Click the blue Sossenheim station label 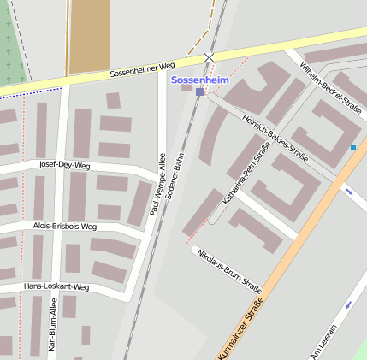(x=200, y=80)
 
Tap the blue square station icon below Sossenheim (x=199, y=91)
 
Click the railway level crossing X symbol (x=210, y=57)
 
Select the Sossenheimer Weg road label (x=143, y=69)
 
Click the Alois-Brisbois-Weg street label (x=65, y=227)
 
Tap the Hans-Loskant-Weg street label (x=56, y=286)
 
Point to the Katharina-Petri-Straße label (x=246, y=174)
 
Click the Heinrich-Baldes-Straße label (x=275, y=138)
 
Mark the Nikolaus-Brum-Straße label (x=228, y=266)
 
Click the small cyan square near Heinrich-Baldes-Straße (x=352, y=148)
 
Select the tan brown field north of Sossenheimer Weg (x=89, y=34)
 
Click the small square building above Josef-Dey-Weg (x=113, y=101)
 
